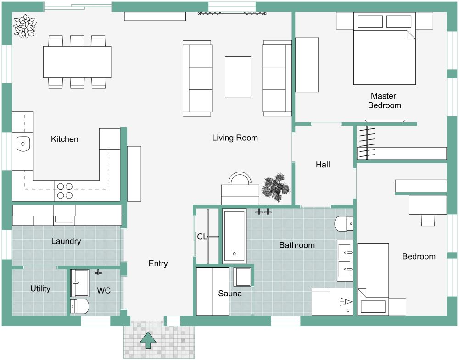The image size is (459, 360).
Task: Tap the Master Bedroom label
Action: [x=384, y=101]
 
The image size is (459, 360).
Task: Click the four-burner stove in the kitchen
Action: [x=65, y=191]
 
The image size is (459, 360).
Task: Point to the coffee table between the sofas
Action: [x=238, y=77]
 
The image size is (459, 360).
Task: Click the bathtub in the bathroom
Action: [x=234, y=236]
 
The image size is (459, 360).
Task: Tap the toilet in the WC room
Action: [x=79, y=306]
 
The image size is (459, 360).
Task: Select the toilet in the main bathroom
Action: [x=344, y=224]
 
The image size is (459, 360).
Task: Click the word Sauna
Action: [x=230, y=294]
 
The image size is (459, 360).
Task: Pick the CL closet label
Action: [x=202, y=237]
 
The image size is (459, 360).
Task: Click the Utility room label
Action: [x=40, y=288]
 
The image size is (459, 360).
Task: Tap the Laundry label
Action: [x=66, y=241]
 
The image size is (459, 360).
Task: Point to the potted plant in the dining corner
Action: [x=24, y=26]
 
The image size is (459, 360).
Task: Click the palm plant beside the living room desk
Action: [x=275, y=187]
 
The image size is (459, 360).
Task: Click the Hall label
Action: [x=323, y=165]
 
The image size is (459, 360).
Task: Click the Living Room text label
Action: [x=235, y=138]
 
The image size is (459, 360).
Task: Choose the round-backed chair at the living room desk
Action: [x=241, y=178]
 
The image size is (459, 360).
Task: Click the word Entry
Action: [x=158, y=264]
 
